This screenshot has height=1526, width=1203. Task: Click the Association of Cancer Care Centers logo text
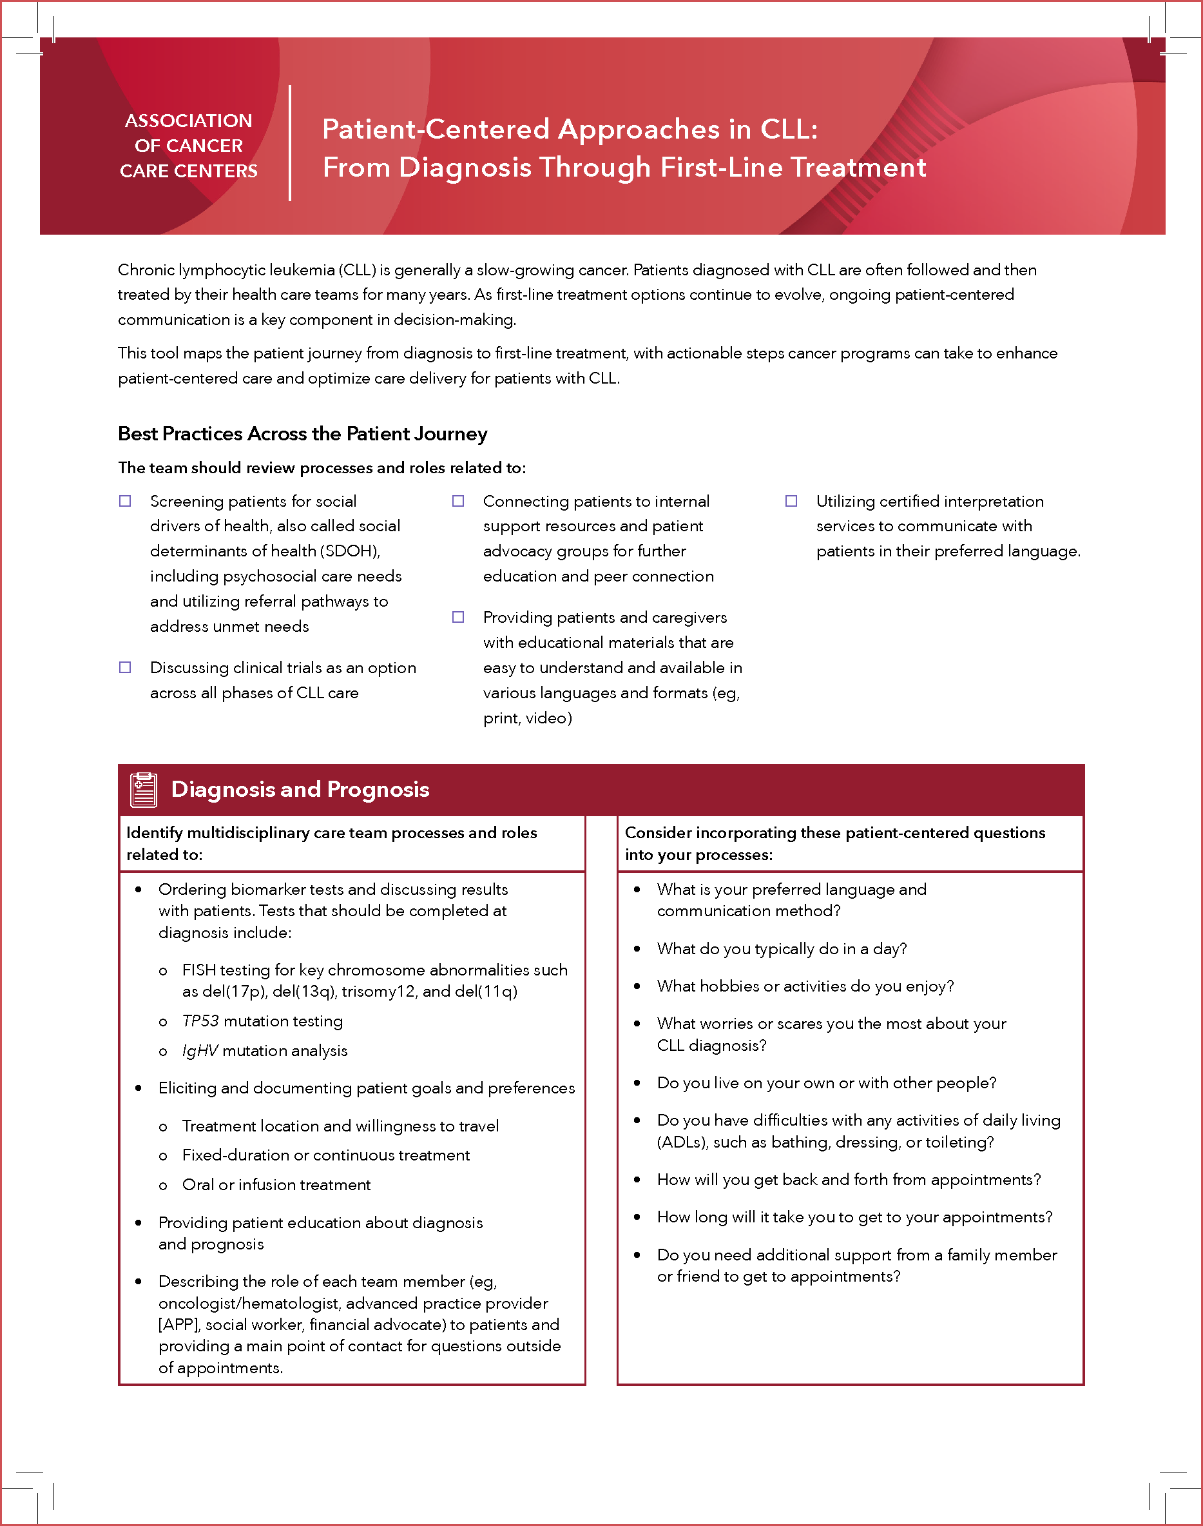(x=188, y=146)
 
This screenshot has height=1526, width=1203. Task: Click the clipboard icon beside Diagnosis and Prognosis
(x=144, y=789)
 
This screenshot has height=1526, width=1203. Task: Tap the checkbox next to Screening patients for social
(x=126, y=501)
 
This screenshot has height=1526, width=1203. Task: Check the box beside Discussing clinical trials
(x=126, y=667)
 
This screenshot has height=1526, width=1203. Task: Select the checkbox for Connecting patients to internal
(x=458, y=501)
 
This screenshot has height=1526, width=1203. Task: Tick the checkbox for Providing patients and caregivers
(x=458, y=617)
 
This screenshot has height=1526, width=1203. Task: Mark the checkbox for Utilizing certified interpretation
(x=791, y=501)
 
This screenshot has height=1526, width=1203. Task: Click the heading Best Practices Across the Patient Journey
(x=302, y=434)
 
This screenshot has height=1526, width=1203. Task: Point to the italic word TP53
(x=200, y=1021)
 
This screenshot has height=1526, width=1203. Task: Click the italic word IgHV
(x=199, y=1050)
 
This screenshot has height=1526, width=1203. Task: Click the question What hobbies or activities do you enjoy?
(x=805, y=986)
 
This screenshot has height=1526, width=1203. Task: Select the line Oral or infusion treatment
(x=276, y=1185)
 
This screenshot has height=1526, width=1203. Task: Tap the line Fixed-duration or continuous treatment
(x=325, y=1155)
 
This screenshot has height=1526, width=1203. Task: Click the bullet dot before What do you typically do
(x=637, y=949)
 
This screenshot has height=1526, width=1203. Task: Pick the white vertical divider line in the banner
(x=290, y=143)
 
